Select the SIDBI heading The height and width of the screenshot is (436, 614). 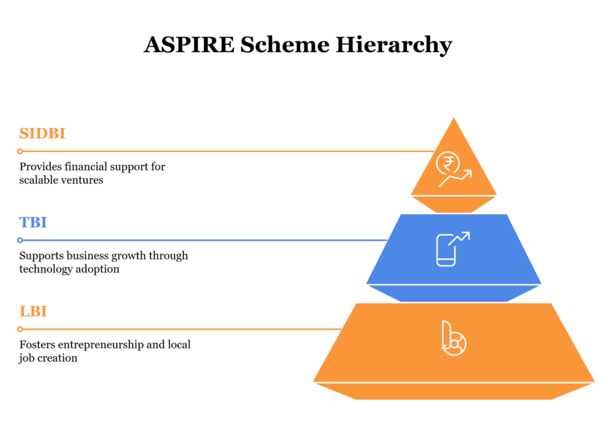[42, 133]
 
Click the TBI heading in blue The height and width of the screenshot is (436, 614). [33, 222]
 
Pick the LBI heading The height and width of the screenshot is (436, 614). [33, 311]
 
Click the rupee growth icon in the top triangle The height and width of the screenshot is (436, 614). [453, 169]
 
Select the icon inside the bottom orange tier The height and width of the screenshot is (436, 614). [453, 339]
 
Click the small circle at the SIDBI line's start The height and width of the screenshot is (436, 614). [20, 151]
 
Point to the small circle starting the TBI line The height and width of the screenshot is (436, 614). [20, 240]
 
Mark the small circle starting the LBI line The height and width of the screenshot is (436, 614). [20, 329]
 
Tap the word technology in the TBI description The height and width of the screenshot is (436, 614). [45, 269]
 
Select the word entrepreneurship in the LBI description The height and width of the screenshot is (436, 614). [95, 345]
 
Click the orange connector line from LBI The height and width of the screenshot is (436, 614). [180, 329]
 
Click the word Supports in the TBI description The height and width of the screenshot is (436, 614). [40, 256]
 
